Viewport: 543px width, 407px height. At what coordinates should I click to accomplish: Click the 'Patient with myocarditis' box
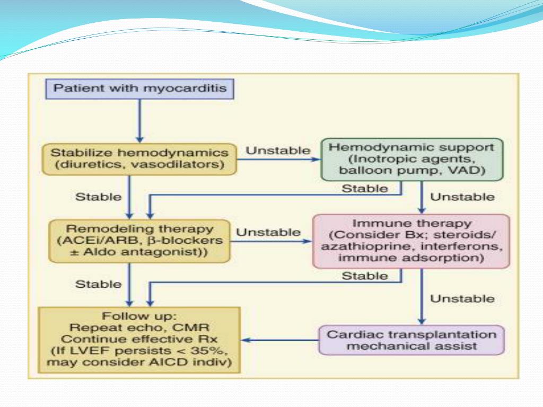click(x=139, y=89)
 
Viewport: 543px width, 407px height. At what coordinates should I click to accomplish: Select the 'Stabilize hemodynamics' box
click(x=139, y=159)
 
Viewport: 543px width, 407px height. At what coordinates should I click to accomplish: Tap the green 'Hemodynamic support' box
click(x=412, y=160)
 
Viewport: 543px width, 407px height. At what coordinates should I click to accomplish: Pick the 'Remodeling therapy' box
click(x=139, y=241)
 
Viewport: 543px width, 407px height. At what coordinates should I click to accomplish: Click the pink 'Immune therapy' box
click(x=411, y=241)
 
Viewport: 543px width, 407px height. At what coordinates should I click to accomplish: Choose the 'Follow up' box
click(x=139, y=340)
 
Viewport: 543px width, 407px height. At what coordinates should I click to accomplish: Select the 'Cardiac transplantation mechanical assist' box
click(x=411, y=340)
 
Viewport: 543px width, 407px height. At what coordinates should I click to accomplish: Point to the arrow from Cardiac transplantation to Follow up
click(x=280, y=340)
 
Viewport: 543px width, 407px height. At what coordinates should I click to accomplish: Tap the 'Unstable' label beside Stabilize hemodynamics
click(x=278, y=151)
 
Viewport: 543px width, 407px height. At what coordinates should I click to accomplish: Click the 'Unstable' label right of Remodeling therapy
click(x=268, y=232)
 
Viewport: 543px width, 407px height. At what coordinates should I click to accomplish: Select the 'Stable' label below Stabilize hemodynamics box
click(x=98, y=197)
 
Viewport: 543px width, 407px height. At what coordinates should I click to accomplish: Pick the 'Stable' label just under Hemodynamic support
click(x=365, y=189)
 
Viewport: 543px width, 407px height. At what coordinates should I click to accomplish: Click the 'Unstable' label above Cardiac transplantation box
click(x=462, y=299)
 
